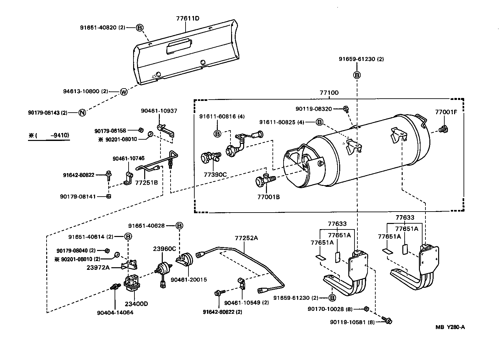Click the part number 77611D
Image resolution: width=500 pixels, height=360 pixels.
click(187, 18)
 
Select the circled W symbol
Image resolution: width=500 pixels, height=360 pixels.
click(124, 92)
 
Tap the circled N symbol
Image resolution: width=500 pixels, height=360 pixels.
click(82, 113)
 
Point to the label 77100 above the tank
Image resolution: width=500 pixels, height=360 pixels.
click(329, 93)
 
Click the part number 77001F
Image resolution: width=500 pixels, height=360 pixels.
click(446, 112)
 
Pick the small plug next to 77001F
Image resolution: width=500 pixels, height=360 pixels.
click(443, 130)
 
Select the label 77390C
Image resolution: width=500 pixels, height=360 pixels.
click(215, 174)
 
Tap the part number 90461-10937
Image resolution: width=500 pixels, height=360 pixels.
click(159, 111)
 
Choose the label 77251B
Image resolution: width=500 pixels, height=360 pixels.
click(146, 182)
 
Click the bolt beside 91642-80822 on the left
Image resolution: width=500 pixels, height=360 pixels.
click(108, 176)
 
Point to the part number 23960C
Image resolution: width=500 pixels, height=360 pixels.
click(164, 249)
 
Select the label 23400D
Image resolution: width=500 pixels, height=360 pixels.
click(136, 304)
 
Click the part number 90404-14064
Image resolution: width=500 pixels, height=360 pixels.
click(115, 312)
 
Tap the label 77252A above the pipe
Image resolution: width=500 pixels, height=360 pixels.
click(246, 238)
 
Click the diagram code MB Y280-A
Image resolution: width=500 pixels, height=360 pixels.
click(450, 327)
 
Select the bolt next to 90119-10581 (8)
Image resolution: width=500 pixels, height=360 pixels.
click(387, 321)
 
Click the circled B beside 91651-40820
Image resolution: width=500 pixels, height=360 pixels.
click(139, 28)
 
